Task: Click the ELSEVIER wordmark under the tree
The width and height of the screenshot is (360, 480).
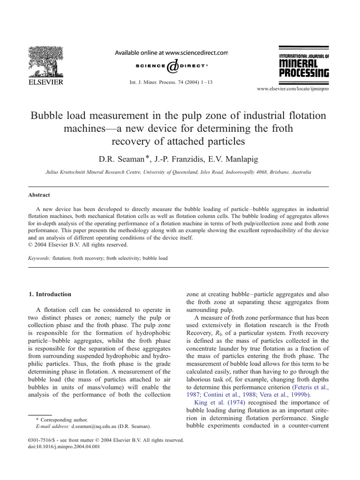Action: (45, 82)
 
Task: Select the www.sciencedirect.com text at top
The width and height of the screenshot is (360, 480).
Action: (196, 53)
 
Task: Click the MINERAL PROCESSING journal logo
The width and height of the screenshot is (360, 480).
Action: (304, 62)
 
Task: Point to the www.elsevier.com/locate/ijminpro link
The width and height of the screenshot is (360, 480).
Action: (293, 89)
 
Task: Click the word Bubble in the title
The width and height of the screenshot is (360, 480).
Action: (49, 115)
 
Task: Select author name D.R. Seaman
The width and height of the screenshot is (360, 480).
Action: (122, 158)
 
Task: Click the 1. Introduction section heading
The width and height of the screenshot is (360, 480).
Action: (50, 294)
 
